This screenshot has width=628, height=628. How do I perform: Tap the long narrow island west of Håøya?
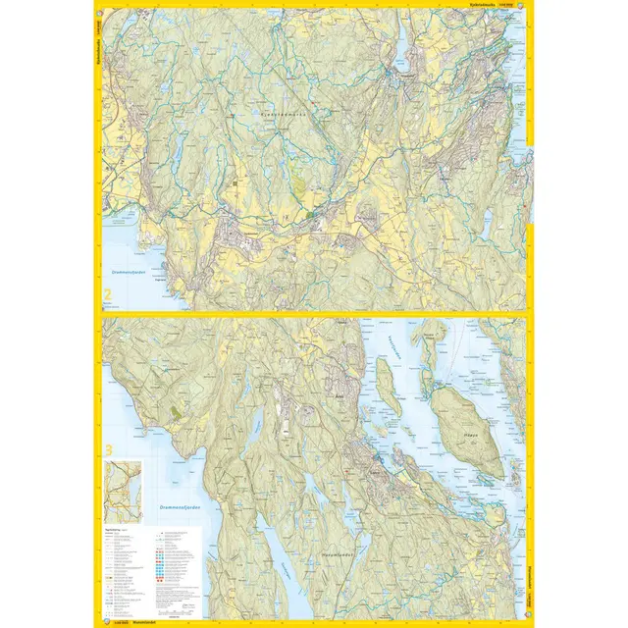coord(389,390)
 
